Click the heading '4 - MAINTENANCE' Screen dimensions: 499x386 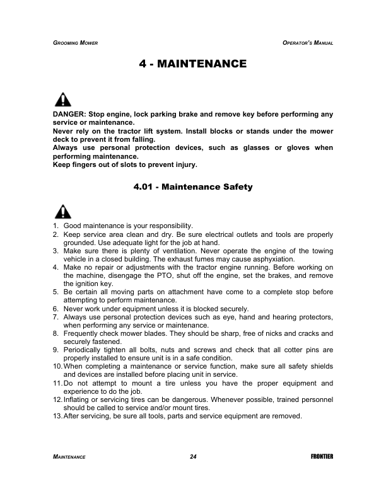click(x=192, y=64)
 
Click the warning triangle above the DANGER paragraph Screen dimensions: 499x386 click(x=62, y=100)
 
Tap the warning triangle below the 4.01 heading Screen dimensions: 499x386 click(x=62, y=211)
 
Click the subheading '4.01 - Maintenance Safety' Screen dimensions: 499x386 click(x=192, y=186)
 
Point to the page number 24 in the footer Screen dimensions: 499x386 click(x=192, y=455)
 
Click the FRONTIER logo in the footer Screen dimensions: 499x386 click(x=322, y=455)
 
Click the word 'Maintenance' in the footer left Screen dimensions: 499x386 click(x=69, y=455)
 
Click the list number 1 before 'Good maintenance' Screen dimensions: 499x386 click(x=56, y=226)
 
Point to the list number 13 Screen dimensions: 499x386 click(x=57, y=416)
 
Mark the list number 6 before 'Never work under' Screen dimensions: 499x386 click(x=56, y=308)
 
